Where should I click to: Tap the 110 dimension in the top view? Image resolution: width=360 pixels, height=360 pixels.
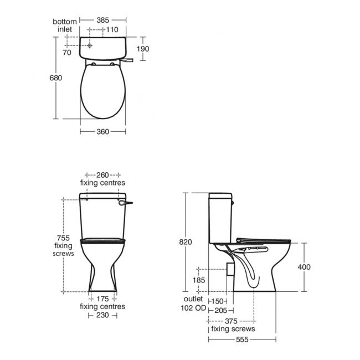(x=112, y=29)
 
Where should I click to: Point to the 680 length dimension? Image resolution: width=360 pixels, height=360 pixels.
(x=56, y=78)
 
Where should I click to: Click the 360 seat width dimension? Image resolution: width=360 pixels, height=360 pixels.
(x=103, y=132)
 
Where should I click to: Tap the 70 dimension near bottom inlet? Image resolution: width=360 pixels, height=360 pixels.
(x=67, y=53)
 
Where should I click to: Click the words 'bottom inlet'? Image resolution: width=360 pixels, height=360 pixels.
(x=64, y=25)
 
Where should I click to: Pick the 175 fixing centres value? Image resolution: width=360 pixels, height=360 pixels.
(x=102, y=299)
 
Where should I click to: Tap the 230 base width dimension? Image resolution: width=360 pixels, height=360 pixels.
(x=102, y=315)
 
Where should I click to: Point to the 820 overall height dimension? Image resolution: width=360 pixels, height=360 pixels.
(x=186, y=242)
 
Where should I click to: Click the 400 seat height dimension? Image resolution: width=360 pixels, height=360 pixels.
(x=304, y=267)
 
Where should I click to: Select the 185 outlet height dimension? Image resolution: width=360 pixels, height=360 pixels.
(x=199, y=281)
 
